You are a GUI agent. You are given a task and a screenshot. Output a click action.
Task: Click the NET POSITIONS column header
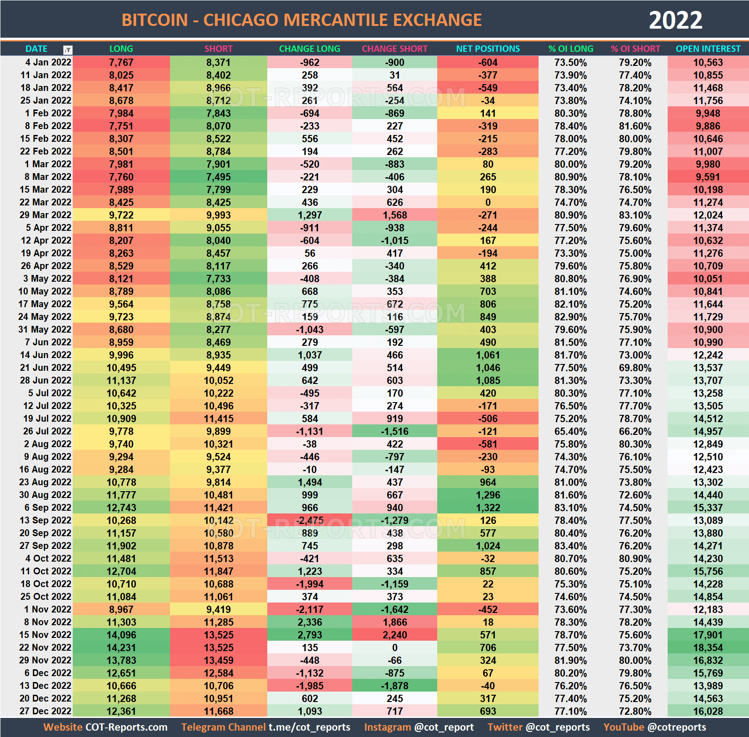(488, 49)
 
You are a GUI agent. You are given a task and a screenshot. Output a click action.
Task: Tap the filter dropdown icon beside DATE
(67, 50)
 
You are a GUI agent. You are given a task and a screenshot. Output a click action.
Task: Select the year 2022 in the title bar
(675, 20)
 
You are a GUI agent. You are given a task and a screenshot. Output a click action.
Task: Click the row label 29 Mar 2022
(45, 215)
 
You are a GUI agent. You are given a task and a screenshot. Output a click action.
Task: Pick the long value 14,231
(121, 647)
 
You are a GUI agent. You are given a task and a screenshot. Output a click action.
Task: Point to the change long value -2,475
(310, 520)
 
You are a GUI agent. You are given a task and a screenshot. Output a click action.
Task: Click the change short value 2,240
(394, 635)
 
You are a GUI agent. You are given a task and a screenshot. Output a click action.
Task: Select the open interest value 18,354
(708, 647)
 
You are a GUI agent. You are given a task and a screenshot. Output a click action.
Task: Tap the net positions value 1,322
(488, 508)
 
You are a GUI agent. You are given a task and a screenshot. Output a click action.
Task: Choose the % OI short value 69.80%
(635, 368)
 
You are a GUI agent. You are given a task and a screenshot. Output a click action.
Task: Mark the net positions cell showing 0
(488, 202)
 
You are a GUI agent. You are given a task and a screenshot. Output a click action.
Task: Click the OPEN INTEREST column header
(708, 49)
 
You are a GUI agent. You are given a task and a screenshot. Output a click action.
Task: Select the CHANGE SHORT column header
(394, 49)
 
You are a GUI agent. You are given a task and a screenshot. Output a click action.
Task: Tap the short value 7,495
(218, 177)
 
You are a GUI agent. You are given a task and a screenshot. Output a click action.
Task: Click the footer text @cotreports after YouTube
(677, 727)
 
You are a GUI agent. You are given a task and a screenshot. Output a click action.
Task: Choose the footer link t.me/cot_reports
(309, 727)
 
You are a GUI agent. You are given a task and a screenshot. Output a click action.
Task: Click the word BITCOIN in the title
(155, 20)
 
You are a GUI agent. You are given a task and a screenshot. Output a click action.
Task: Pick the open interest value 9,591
(708, 177)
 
